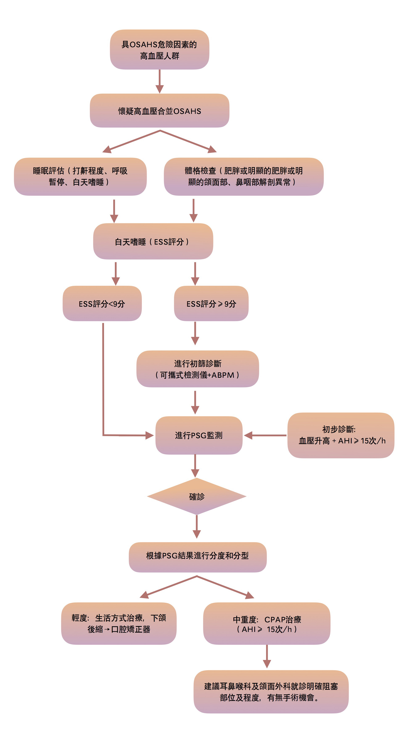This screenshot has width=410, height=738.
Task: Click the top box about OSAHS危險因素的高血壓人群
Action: (x=160, y=50)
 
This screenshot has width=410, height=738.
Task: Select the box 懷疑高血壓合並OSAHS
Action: (x=160, y=111)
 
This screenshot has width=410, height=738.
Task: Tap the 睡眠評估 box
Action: (x=80, y=177)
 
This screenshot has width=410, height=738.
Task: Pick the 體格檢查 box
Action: (x=244, y=177)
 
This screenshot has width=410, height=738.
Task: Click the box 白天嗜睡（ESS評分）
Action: (x=153, y=242)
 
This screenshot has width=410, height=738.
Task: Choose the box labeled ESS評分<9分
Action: (x=102, y=303)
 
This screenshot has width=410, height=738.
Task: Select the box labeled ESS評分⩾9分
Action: (x=211, y=303)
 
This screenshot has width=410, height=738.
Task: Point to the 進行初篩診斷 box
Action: (x=198, y=369)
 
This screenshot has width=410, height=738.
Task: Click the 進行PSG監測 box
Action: (x=199, y=435)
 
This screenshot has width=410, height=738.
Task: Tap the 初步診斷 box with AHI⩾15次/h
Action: (x=341, y=435)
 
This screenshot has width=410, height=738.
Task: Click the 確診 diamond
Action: (x=197, y=496)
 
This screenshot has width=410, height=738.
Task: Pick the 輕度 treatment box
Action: (x=119, y=623)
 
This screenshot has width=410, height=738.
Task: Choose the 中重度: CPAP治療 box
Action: (x=267, y=623)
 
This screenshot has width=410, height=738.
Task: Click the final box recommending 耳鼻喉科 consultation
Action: (x=271, y=691)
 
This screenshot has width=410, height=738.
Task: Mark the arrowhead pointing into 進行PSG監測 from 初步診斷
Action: (x=248, y=435)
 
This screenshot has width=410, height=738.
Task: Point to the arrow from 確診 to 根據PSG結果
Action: (x=197, y=527)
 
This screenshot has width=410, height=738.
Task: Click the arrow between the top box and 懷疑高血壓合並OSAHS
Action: (x=160, y=81)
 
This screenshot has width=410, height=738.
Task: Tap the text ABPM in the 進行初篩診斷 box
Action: (x=223, y=375)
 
